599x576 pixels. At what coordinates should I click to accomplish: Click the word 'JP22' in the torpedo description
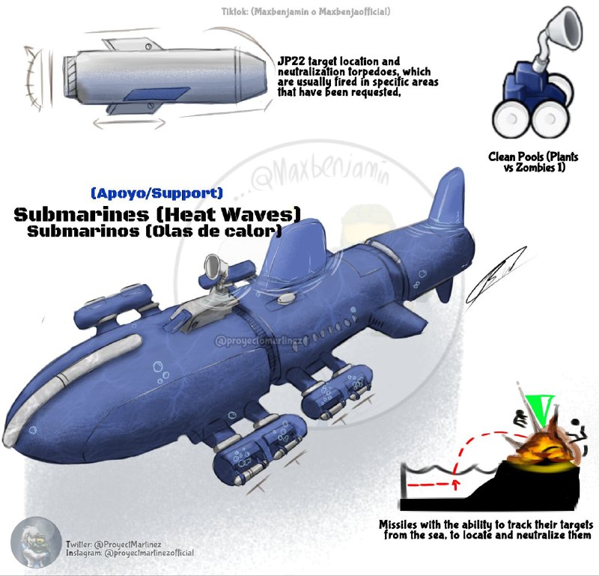point(291,61)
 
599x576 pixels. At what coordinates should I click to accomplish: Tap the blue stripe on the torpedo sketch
point(158,94)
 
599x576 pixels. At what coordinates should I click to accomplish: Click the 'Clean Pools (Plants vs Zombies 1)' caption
point(533,162)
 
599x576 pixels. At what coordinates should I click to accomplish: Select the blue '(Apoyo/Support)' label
point(156,192)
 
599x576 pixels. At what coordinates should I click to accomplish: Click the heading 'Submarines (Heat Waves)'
point(157,214)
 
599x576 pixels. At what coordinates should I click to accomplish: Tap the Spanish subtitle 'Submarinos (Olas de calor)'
point(154,231)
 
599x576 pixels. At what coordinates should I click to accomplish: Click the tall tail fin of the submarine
point(448,198)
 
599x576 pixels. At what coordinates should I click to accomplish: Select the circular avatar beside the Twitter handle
point(36,542)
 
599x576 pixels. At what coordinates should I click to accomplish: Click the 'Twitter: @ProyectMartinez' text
point(114,544)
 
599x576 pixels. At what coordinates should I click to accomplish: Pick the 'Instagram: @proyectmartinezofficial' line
point(130,553)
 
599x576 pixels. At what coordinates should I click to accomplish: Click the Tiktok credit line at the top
point(305,11)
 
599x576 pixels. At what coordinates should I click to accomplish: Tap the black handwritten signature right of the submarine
point(496,276)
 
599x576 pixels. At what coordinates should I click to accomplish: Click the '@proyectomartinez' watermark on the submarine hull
point(261,340)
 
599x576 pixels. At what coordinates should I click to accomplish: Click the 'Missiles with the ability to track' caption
point(486,530)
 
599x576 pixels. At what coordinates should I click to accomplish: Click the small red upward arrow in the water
point(455,485)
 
